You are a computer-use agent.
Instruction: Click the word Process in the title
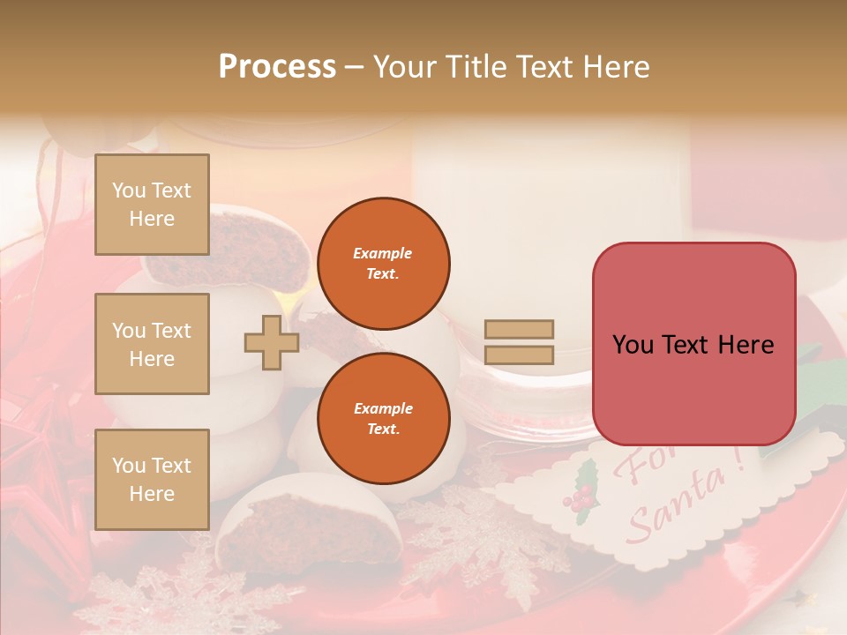[x=277, y=67]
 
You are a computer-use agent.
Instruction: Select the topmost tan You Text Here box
[x=152, y=205]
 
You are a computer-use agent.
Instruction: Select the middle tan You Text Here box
[x=152, y=344]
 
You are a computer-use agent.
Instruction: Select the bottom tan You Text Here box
[x=152, y=479]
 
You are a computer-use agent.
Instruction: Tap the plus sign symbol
[x=272, y=342]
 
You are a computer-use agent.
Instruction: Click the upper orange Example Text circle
[x=383, y=263]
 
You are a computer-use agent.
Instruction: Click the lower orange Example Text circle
[x=383, y=418]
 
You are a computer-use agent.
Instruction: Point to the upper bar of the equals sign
[x=520, y=329]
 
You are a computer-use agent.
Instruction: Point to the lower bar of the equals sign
[x=520, y=355]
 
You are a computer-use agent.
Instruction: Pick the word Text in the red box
[x=690, y=345]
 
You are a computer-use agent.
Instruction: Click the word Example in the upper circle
[x=383, y=253]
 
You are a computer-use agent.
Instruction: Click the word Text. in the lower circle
[x=383, y=429]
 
